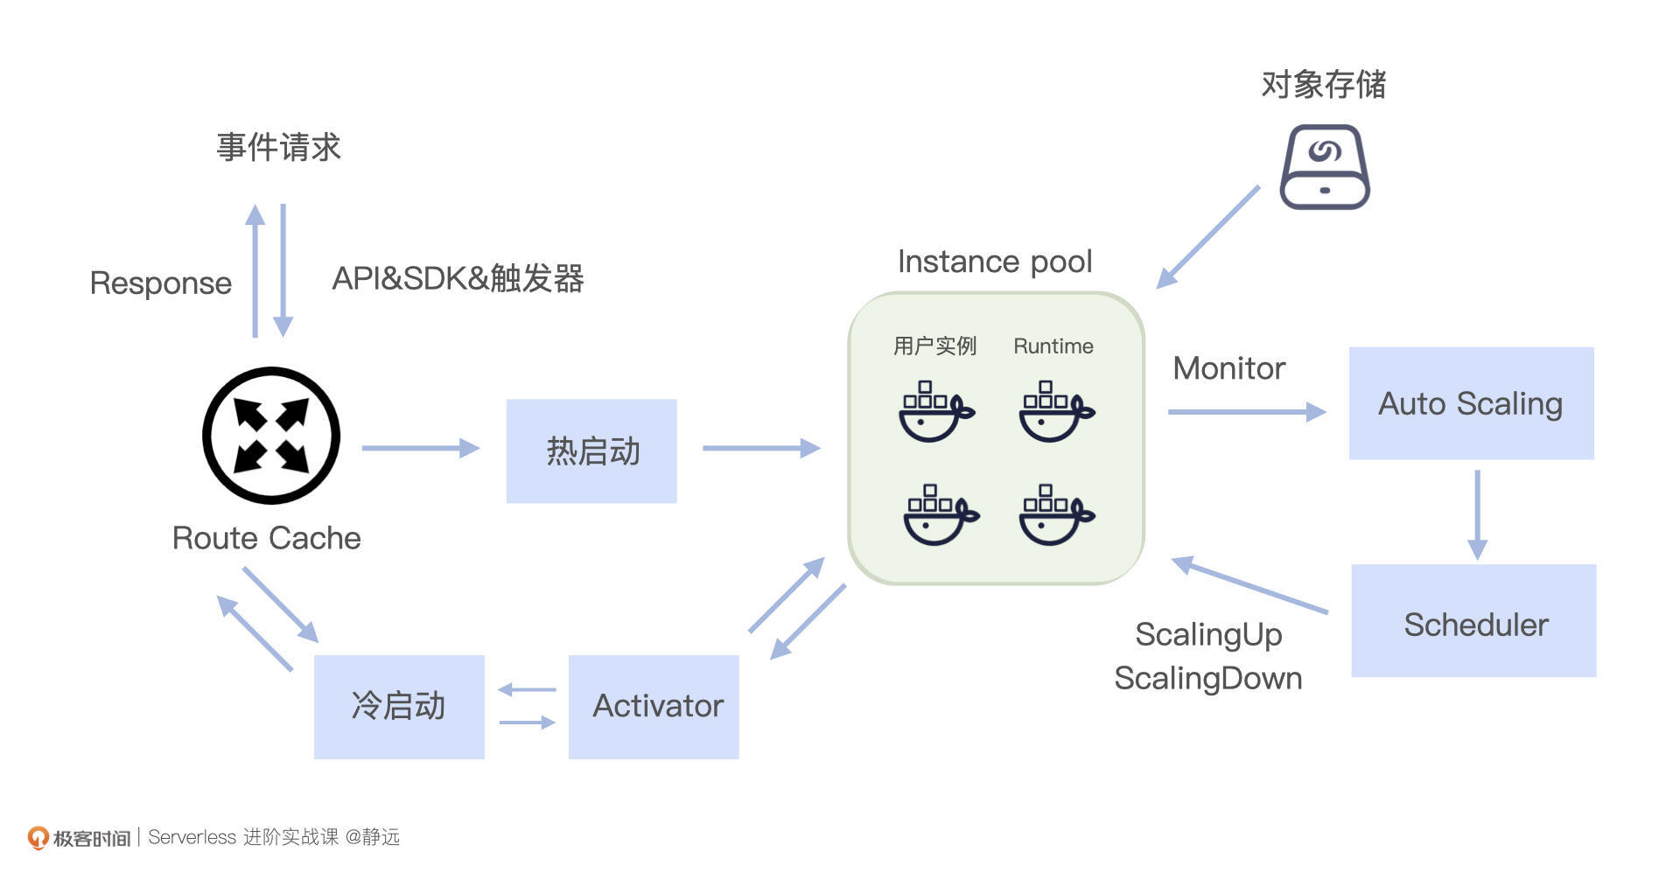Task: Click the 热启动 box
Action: coord(591,450)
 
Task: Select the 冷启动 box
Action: coord(399,706)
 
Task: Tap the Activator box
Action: coord(654,706)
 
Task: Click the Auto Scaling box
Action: coord(1471,403)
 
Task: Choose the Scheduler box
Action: coord(1473,620)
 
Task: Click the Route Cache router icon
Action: coord(271,435)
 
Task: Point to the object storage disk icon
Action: coord(1324,166)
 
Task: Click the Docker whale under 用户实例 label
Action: coord(934,412)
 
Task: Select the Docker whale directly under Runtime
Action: coord(1055,412)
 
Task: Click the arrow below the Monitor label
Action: coord(1246,411)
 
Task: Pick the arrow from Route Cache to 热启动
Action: coord(420,448)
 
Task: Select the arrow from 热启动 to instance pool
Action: coord(760,448)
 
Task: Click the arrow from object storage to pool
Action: coord(1207,237)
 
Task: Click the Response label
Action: coord(161,283)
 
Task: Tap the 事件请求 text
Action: coord(278,147)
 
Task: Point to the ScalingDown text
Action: coord(1207,678)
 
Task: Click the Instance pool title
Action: coord(995,262)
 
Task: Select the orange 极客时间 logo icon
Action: coord(38,837)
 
